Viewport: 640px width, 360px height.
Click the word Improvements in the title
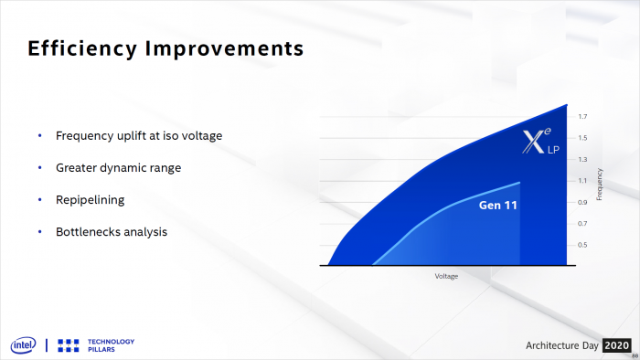pyautogui.click(x=218, y=48)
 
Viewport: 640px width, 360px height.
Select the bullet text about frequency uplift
pyautogui.click(x=139, y=135)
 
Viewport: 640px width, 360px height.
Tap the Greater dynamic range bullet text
pyautogui.click(x=118, y=167)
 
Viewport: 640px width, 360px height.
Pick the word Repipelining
pyautogui.click(x=90, y=199)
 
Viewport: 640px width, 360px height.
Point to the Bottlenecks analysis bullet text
pyautogui.click(x=112, y=231)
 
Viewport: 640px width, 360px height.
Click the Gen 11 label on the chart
pyautogui.click(x=498, y=206)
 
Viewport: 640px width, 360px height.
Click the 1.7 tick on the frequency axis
pyautogui.click(x=582, y=116)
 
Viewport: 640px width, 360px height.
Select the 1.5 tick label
pyautogui.click(x=582, y=138)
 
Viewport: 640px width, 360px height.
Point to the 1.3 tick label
pyautogui.click(x=582, y=159)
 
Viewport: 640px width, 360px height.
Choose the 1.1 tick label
pyautogui.click(x=582, y=181)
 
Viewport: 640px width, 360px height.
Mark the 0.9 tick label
pyautogui.click(x=582, y=202)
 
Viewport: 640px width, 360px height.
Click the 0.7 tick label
pyautogui.click(x=582, y=224)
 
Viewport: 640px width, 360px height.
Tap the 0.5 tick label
pyautogui.click(x=582, y=245)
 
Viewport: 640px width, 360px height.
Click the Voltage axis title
pyautogui.click(x=446, y=275)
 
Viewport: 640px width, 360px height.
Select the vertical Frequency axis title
pyautogui.click(x=600, y=184)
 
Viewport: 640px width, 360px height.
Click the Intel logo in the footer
pyautogui.click(x=23, y=344)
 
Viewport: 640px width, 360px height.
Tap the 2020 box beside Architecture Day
pyautogui.click(x=617, y=344)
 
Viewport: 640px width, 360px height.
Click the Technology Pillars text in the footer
pyautogui.click(x=112, y=344)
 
